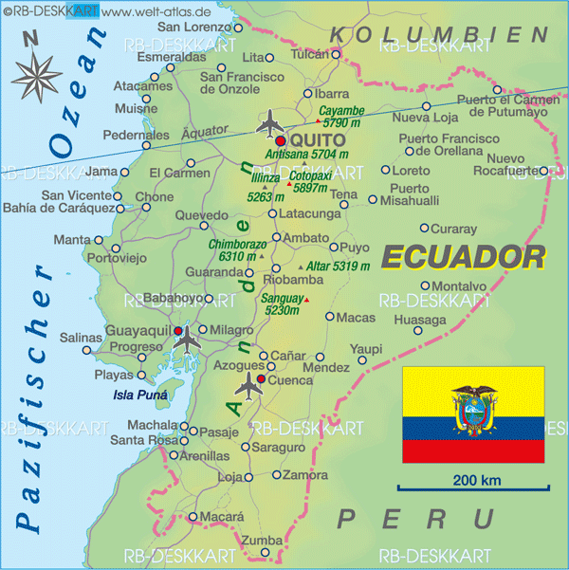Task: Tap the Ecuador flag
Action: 472,414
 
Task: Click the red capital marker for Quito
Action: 281,140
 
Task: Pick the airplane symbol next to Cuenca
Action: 248,384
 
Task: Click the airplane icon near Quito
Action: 271,122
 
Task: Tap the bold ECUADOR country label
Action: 464,256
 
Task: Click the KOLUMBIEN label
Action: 438,34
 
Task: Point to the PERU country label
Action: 416,518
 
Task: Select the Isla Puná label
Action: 139,395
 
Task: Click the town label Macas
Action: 356,317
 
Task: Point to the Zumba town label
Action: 263,541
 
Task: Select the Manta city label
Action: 72,240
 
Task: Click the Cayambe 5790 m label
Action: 343,117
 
